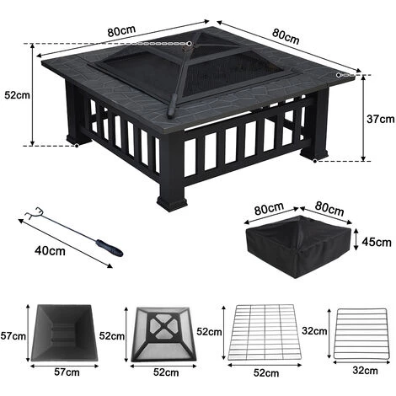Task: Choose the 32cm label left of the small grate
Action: tap(314, 331)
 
